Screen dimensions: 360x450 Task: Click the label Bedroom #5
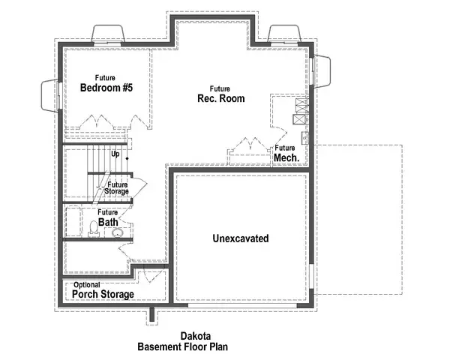[106, 88]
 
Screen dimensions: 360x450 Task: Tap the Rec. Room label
[220, 99]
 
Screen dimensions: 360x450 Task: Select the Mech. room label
[286, 158]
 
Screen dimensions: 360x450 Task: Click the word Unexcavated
[241, 238]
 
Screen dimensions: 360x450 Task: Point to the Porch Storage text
[103, 294]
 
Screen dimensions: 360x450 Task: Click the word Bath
[106, 221]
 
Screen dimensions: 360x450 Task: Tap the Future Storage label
[117, 188]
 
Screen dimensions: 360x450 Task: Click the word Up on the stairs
[115, 154]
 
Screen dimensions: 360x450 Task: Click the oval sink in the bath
[117, 233]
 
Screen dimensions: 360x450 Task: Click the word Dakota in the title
[195, 337]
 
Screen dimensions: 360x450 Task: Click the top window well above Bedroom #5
[108, 35]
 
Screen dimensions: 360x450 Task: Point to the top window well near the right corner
[286, 34]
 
